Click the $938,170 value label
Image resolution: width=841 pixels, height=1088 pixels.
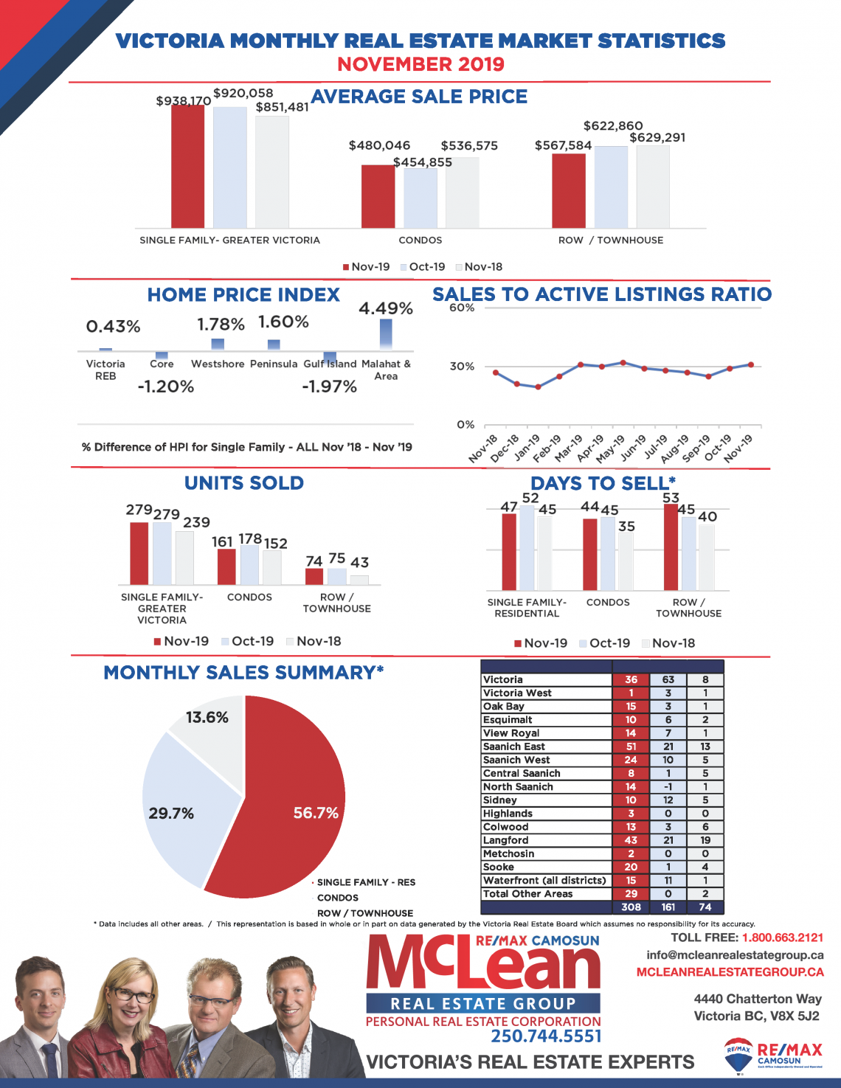tap(183, 100)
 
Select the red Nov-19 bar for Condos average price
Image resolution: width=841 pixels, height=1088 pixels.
tap(378, 196)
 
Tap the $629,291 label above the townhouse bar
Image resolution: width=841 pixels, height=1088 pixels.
tap(657, 137)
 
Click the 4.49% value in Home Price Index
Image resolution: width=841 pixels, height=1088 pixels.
tap(385, 308)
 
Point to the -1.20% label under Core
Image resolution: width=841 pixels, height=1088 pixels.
tap(166, 386)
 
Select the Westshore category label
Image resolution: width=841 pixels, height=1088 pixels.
tap(218, 364)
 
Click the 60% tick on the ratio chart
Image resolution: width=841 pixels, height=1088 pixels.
tap(462, 308)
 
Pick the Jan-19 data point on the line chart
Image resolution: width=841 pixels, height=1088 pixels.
tap(538, 387)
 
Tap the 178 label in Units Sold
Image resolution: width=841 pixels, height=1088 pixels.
tap(250, 538)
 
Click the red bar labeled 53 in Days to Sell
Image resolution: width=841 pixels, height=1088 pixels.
tap(671, 547)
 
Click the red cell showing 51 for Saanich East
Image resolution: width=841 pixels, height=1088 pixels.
tap(631, 746)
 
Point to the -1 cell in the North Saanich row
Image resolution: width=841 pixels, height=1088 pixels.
tap(668, 786)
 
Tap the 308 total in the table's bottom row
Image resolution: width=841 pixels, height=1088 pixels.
tap(631, 907)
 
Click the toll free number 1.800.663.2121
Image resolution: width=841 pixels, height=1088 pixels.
tap(783, 938)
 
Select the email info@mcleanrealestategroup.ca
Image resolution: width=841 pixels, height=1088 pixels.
tap(735, 954)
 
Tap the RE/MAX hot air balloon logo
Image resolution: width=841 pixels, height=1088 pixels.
tap(738, 1055)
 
